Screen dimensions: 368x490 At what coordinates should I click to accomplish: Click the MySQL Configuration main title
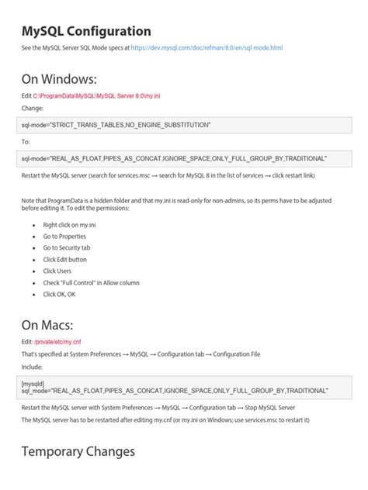[86, 31]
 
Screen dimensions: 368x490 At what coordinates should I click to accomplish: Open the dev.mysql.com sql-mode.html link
[207, 48]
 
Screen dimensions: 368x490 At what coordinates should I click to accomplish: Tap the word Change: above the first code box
[33, 109]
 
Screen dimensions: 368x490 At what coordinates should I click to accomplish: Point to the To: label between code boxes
[26, 142]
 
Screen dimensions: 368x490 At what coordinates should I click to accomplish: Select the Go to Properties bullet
[64, 236]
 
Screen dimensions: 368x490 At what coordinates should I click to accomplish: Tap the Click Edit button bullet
[65, 259]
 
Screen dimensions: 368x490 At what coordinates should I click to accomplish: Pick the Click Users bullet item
[57, 271]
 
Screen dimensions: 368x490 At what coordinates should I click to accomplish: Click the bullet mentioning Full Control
[92, 282]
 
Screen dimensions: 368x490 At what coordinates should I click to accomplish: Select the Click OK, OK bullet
[61, 294]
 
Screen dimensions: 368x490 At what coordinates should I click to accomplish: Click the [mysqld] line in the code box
[33, 383]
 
